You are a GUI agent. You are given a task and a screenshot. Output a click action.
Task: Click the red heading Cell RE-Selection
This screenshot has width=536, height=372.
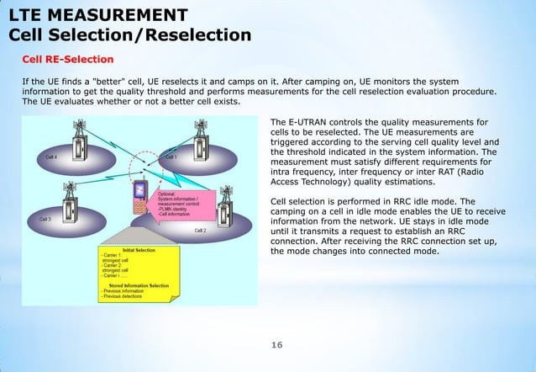(x=67, y=60)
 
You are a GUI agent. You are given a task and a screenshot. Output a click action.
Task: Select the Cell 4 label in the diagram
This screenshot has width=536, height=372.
(x=51, y=157)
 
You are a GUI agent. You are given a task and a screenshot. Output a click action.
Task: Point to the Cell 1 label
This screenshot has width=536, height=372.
(x=171, y=157)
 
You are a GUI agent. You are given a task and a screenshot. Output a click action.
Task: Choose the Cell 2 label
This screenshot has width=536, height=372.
(x=200, y=229)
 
